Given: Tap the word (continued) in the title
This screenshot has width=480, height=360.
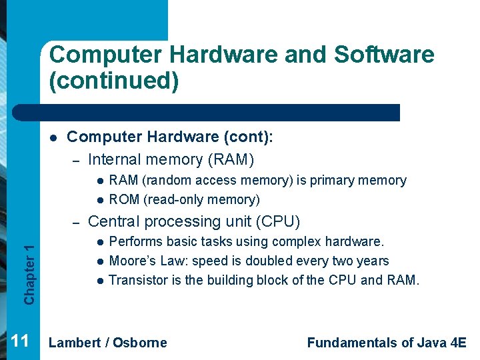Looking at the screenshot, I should click(114, 81).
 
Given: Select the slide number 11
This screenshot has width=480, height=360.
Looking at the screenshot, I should click(20, 342).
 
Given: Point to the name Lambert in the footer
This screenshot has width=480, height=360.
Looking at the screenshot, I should click(75, 343).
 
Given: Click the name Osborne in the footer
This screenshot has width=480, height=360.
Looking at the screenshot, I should click(139, 343).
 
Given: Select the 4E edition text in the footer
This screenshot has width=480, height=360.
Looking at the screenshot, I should click(459, 343).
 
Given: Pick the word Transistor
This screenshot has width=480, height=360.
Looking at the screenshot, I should click(137, 280).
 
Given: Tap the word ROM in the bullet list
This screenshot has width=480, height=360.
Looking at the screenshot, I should click(124, 199).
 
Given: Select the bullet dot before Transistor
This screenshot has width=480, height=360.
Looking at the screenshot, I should click(98, 281).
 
